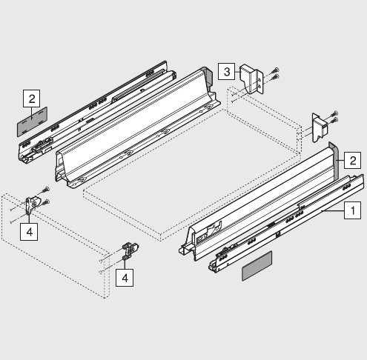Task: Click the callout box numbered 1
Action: click(x=353, y=210)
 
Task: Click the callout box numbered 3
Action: click(x=227, y=71)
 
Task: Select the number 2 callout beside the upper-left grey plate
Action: click(x=32, y=99)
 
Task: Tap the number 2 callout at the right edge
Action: click(x=352, y=160)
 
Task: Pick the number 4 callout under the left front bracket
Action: click(x=29, y=232)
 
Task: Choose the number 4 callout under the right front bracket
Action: click(x=125, y=278)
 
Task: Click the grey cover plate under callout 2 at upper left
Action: click(x=32, y=121)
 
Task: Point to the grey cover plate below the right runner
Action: click(x=257, y=266)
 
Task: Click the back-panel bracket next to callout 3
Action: click(x=251, y=79)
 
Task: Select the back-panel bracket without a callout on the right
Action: click(x=320, y=128)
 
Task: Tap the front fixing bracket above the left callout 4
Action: click(x=32, y=204)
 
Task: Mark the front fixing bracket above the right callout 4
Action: click(x=130, y=250)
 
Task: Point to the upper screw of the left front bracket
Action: click(x=45, y=190)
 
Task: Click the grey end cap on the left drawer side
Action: click(x=208, y=76)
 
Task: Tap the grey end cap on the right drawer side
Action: click(x=334, y=161)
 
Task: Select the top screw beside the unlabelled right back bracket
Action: click(x=334, y=114)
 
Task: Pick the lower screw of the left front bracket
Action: click(x=45, y=202)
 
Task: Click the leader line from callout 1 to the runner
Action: click(x=333, y=210)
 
